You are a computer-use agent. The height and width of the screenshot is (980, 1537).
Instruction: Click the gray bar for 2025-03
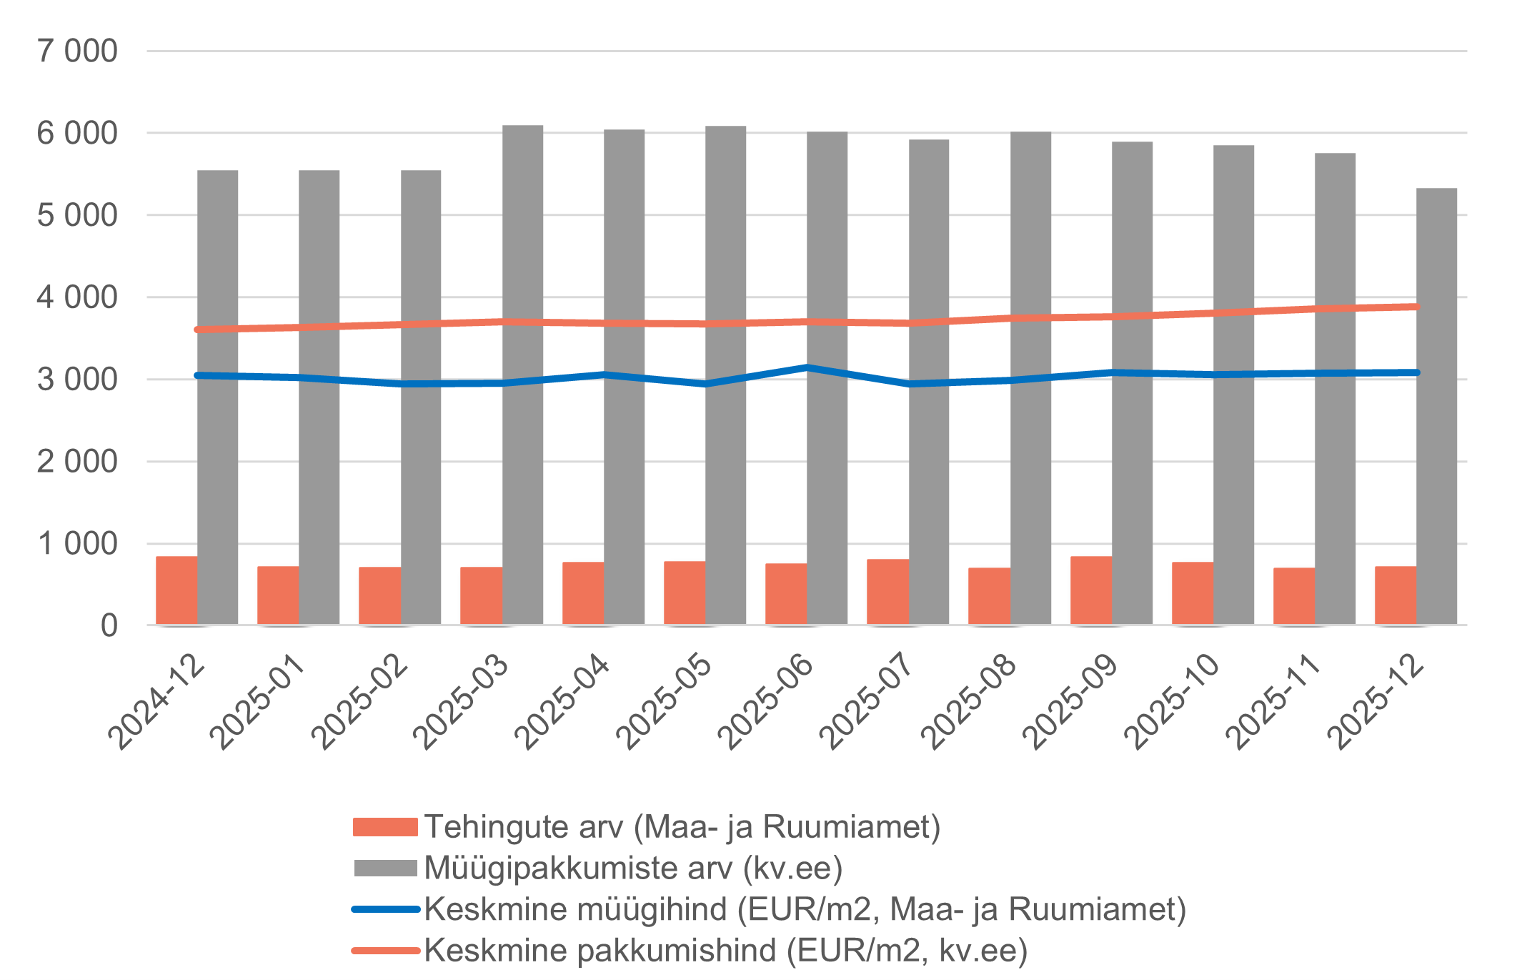[522, 375]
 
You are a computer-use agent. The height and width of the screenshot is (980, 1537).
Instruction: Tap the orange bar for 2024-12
[176, 590]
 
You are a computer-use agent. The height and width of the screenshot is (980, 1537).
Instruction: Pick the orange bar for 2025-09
[1090, 590]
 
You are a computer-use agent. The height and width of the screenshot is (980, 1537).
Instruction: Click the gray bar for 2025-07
[929, 382]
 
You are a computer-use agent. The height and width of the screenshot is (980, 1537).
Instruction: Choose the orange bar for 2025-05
[685, 593]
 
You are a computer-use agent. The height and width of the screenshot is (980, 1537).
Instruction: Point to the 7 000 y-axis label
[77, 51]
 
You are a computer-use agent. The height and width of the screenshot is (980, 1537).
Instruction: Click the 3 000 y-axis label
[77, 380]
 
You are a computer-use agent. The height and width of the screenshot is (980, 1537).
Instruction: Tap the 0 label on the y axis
[109, 626]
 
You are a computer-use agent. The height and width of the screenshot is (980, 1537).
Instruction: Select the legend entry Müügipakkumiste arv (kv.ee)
[633, 868]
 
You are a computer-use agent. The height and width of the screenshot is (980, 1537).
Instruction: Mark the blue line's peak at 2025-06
[807, 368]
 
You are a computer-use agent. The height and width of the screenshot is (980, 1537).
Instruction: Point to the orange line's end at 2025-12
[1416, 307]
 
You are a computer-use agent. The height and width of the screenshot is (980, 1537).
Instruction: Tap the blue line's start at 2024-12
[198, 375]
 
